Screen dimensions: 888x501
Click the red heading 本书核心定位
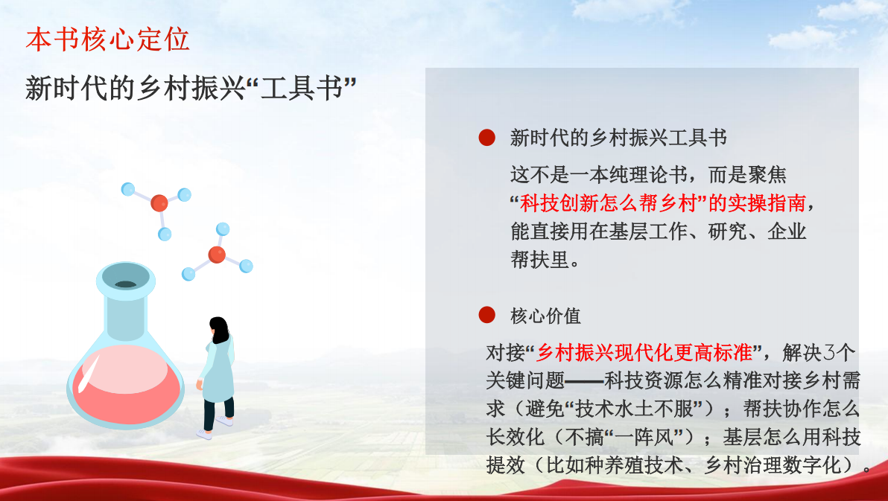(107, 39)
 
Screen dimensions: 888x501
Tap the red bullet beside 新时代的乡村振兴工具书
(487, 138)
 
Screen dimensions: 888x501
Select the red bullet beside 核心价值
(487, 315)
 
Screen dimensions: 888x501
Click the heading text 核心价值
(546, 316)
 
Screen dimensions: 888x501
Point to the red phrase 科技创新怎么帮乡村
(608, 203)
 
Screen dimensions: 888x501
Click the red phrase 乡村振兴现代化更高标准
(644, 353)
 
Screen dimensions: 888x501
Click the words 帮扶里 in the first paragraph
(539, 260)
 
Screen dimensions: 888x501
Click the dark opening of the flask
(125, 284)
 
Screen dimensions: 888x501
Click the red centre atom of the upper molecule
(159, 202)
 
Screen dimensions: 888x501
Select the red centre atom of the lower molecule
(217, 255)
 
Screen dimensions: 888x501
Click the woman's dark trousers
(218, 410)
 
